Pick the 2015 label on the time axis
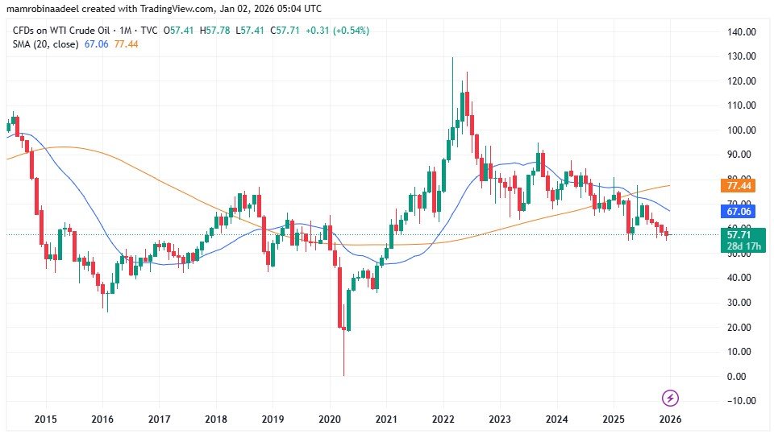[45, 420]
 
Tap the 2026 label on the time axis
[669, 420]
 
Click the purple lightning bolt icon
[670, 398]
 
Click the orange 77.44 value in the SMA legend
[127, 43]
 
